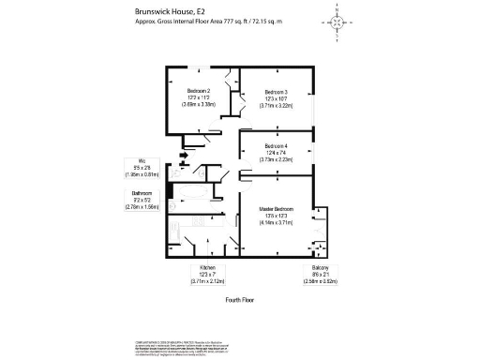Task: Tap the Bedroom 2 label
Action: coord(202,90)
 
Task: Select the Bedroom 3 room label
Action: coord(276,91)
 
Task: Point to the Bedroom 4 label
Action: coord(277,146)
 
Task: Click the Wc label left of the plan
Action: coord(142,160)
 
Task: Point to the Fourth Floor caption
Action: coord(241,300)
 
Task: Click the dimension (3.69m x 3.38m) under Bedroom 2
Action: coord(202,105)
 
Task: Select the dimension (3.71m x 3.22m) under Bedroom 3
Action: coord(276,106)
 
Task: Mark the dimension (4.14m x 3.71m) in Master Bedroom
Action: coord(278,222)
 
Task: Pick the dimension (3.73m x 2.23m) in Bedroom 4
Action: coord(277,160)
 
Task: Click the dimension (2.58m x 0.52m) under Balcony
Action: coord(320,280)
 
